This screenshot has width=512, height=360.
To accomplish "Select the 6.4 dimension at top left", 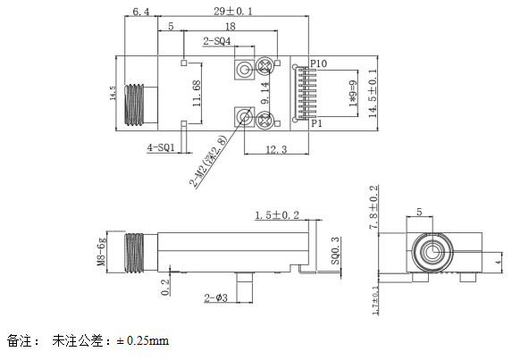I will click(140, 12).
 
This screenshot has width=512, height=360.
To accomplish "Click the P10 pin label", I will click(320, 63).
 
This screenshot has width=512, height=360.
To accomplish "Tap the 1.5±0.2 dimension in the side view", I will click(277, 215).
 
